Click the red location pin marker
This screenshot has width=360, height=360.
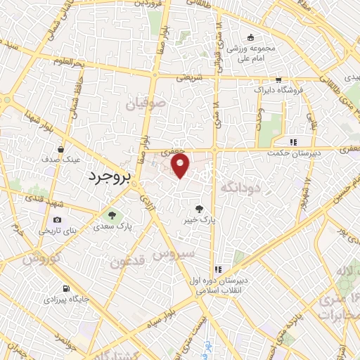click(181, 166)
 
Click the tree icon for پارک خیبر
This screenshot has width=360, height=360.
click(200, 209)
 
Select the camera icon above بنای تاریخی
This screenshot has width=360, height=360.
click(57, 220)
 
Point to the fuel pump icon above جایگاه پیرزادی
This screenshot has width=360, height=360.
click(66, 288)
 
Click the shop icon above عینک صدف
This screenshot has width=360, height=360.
click(60, 150)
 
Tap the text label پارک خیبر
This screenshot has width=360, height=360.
click(200, 220)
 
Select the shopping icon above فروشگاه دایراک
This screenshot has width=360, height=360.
click(280, 79)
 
